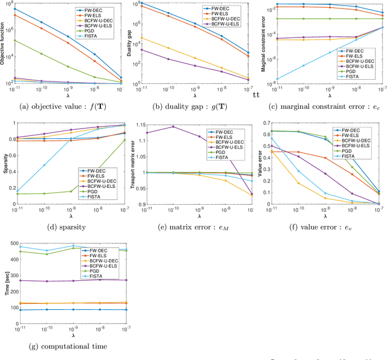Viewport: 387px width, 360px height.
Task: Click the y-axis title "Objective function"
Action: coord(4,46)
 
